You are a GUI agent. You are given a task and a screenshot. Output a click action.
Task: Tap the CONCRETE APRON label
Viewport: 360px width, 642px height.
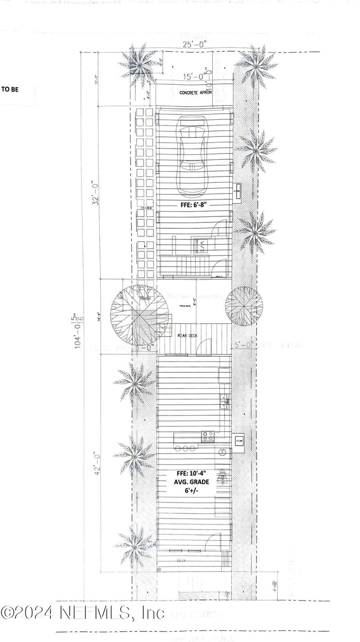[194, 93]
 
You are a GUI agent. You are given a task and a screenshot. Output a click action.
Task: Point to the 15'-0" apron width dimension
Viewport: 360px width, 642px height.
[191, 77]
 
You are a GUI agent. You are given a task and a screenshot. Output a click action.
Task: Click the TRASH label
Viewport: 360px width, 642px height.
[144, 299]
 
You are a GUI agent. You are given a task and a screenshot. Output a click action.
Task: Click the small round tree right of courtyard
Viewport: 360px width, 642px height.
[244, 306]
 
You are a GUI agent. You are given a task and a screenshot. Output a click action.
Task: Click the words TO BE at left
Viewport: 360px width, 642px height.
[10, 89]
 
